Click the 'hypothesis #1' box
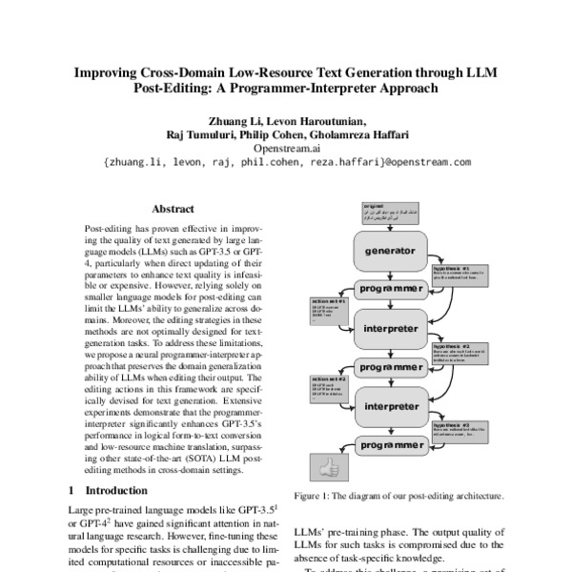pos(461,277)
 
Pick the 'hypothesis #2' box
pos(461,353)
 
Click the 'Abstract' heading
pos(173,209)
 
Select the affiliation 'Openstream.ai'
pos(285,149)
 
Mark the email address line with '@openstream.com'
pos(285,163)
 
